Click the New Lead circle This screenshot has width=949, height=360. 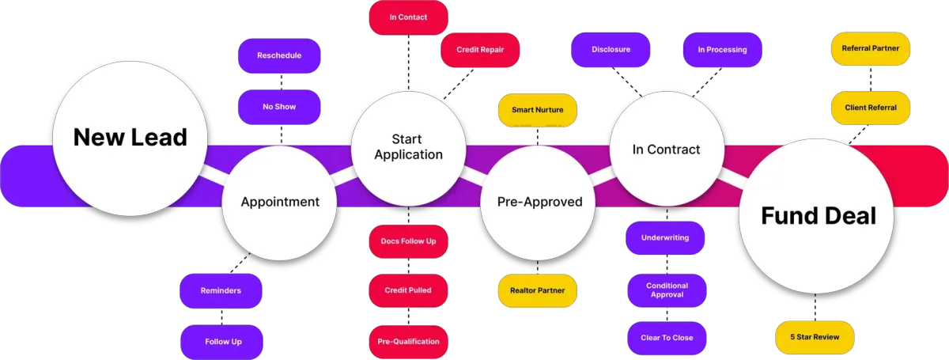[x=130, y=138]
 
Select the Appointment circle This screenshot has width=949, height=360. [x=280, y=202]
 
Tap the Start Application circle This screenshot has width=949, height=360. [x=408, y=147]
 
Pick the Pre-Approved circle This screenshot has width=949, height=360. [x=539, y=202]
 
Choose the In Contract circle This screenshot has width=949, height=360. [x=667, y=149]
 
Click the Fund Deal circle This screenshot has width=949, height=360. [x=819, y=215]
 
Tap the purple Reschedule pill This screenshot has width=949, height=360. [x=279, y=56]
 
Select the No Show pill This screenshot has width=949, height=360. [x=279, y=107]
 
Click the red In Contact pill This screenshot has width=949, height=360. [x=408, y=17]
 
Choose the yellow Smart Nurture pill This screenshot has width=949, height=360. [x=538, y=110]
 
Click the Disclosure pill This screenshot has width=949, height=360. [x=611, y=50]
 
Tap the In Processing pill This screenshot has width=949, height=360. [x=722, y=50]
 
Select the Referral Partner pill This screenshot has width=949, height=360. [x=870, y=48]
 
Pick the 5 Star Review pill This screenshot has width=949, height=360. [x=815, y=338]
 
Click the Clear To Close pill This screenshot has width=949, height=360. [x=667, y=338]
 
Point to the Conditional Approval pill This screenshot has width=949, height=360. [x=667, y=290]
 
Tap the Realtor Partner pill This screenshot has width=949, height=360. [x=538, y=290]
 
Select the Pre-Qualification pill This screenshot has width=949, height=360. [x=408, y=342]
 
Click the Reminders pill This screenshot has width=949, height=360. [x=221, y=290]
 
